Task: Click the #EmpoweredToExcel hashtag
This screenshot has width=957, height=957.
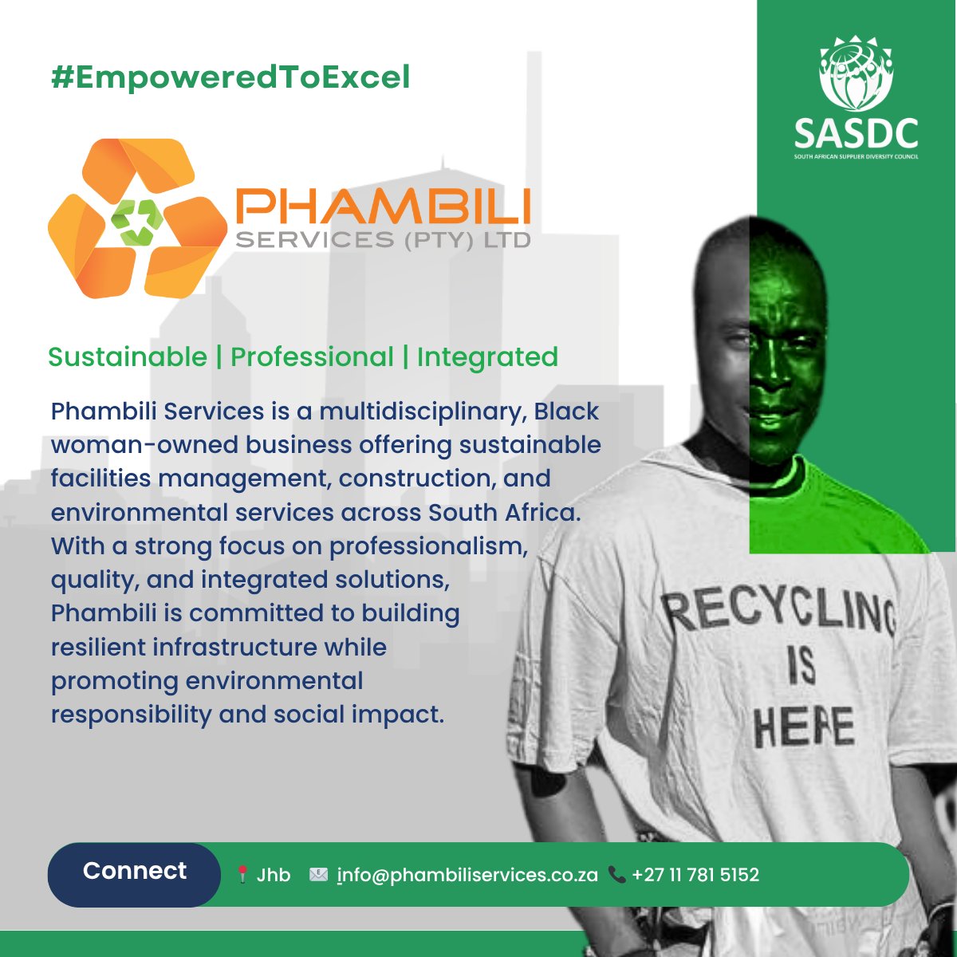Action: [x=230, y=78]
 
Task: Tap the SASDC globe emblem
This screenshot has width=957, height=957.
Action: [x=856, y=73]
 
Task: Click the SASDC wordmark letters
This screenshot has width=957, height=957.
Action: [x=856, y=133]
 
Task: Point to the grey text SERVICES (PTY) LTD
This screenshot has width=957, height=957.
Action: [x=383, y=239]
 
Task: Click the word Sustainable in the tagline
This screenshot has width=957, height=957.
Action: [x=128, y=357]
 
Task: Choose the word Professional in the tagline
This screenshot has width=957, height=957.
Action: [x=312, y=357]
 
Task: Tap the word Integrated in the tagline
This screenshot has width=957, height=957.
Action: [x=487, y=357]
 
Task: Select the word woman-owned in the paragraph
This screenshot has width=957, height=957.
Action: [x=144, y=445]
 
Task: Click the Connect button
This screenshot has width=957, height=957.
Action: [x=134, y=871]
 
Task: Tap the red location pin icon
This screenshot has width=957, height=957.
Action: [x=242, y=875]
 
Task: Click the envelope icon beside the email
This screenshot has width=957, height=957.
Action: [x=318, y=875]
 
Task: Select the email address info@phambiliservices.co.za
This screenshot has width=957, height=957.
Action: [x=467, y=875]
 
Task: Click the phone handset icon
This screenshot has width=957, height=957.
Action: [x=616, y=875]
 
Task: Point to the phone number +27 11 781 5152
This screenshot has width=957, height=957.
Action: [x=695, y=875]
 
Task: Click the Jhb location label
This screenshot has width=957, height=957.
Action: [x=274, y=875]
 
